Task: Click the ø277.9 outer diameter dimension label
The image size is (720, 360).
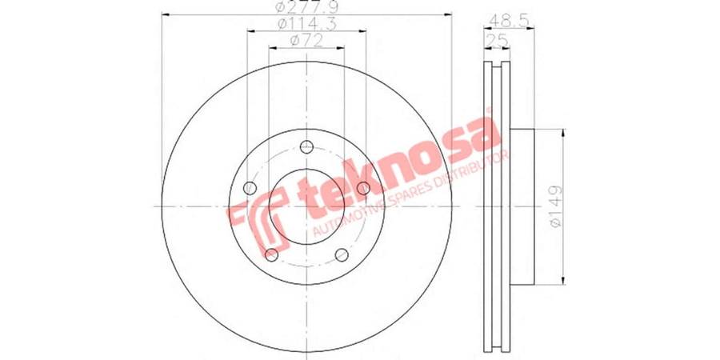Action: tap(306, 8)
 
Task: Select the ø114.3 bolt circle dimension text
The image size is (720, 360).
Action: tap(306, 24)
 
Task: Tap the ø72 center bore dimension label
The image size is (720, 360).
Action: tap(306, 41)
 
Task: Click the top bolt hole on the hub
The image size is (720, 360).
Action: tap(306, 147)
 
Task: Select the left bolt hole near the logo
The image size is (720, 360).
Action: tap(250, 188)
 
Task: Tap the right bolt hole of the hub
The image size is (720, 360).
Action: tap(363, 188)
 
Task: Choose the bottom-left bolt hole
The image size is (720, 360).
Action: tap(271, 255)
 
